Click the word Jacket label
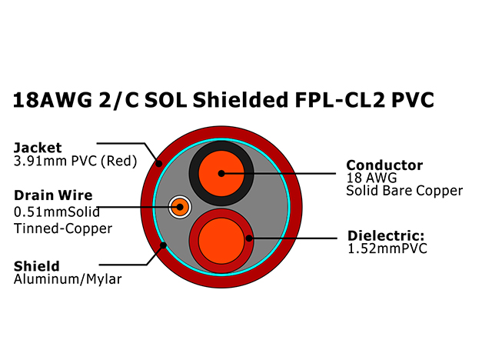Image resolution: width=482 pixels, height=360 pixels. click(38, 148)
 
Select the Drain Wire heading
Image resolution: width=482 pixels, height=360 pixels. click(53, 195)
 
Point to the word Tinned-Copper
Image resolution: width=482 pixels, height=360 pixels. click(63, 228)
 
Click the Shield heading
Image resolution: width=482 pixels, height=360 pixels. click(37, 266)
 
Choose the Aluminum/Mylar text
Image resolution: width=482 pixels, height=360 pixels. click(68, 279)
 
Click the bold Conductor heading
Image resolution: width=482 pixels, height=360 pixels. click(384, 165)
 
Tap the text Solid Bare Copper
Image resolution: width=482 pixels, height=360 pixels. click(404, 191)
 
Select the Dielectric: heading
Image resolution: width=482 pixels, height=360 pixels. click(386, 236)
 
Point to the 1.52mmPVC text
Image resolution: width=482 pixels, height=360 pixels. click(387, 248)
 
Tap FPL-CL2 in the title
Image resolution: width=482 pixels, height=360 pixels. click(340, 100)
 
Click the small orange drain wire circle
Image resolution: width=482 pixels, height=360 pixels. click(180, 207)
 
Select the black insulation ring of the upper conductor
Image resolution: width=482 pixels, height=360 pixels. click(193, 174)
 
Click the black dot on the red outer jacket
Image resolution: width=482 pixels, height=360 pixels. click(158, 164)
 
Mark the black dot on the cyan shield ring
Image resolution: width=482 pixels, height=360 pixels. click(164, 245)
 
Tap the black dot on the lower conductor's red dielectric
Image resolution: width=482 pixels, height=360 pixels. click(249, 238)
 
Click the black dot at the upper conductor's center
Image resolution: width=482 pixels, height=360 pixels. click(221, 174)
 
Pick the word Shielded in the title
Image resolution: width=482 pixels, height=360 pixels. click(240, 100)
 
